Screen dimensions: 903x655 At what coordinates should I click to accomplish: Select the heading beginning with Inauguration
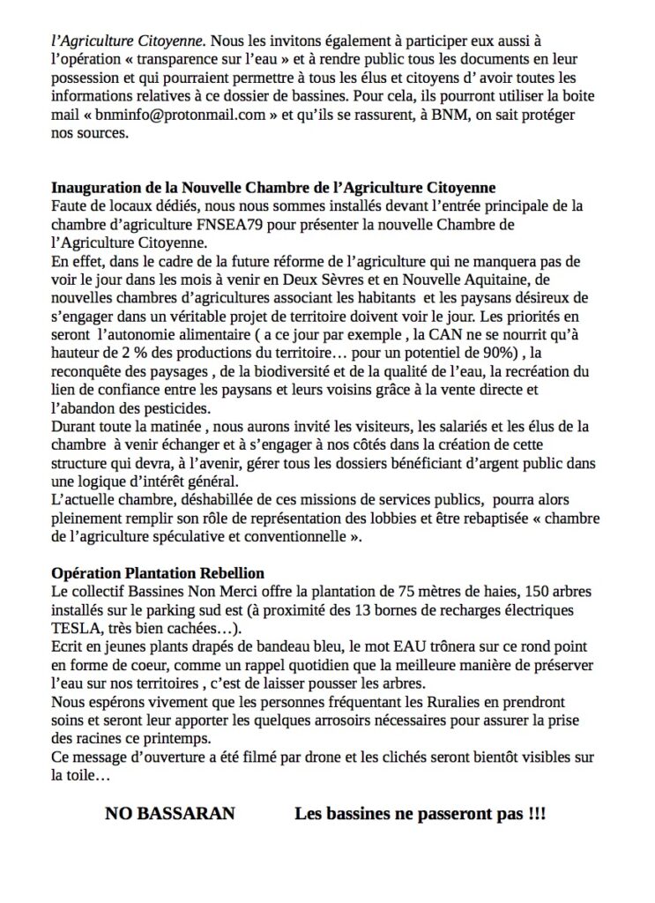(x=273, y=188)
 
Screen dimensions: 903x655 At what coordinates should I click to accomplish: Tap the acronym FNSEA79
(x=220, y=225)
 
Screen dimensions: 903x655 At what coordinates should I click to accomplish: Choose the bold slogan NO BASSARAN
(x=170, y=814)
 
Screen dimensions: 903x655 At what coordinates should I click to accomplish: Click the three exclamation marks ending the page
(x=536, y=814)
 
